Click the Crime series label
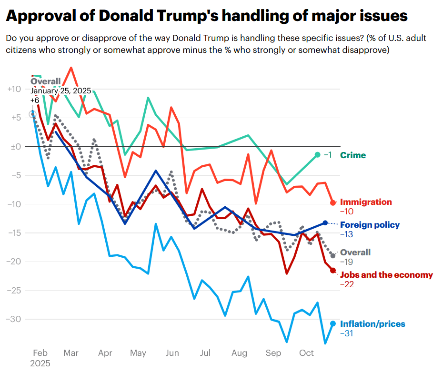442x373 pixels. click(x=353, y=155)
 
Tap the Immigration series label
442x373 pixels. click(x=366, y=202)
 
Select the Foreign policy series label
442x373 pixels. click(x=370, y=225)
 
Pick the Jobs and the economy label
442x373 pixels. click(x=386, y=275)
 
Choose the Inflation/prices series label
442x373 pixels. click(x=372, y=324)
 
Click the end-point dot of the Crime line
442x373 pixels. click(x=318, y=155)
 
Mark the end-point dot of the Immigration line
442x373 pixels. click(x=333, y=202)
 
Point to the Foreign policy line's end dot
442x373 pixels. click(x=325, y=222)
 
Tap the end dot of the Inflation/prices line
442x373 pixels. click(x=333, y=323)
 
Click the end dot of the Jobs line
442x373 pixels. click(x=333, y=271)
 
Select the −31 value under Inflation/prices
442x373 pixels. click(x=346, y=333)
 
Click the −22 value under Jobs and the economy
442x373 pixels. click(x=347, y=284)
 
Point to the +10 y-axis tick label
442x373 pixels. click(x=14, y=89)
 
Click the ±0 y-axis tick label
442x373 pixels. click(x=16, y=147)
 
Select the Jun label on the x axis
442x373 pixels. click(x=172, y=353)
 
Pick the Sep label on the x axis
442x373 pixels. click(x=273, y=353)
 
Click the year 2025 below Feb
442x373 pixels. click(x=40, y=363)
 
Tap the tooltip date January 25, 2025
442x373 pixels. click(x=60, y=91)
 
